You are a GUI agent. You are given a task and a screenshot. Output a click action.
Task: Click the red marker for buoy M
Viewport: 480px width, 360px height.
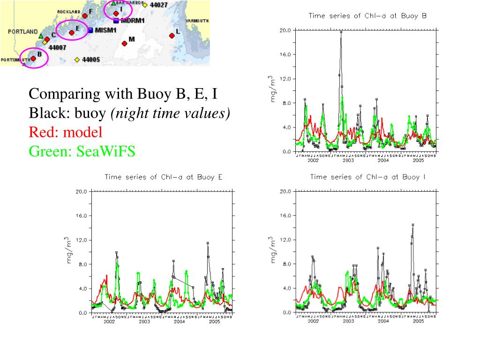[124, 44]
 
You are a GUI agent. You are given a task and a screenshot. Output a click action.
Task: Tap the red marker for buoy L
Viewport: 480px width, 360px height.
[172, 36]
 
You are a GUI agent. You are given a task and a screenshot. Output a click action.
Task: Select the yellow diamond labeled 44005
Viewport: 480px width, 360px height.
[77, 60]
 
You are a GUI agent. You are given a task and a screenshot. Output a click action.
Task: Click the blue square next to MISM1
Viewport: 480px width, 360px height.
[90, 30]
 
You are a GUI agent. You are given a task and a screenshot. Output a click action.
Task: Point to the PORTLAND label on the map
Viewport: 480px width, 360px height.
[22, 31]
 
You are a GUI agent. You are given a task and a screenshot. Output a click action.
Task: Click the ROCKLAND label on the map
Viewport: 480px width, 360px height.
[68, 11]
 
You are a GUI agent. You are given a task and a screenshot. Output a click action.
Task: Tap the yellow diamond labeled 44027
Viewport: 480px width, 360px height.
[145, 5]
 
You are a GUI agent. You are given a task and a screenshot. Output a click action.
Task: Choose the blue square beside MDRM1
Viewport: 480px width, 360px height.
[116, 21]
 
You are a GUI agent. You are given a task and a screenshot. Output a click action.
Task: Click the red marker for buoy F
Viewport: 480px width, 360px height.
[85, 15]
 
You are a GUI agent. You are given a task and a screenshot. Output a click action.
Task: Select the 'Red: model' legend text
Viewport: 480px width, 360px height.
[65, 132]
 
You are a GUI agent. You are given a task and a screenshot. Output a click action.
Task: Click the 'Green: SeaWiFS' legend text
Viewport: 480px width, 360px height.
[82, 151]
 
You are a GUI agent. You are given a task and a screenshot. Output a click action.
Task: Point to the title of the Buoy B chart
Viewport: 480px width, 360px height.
[367, 15]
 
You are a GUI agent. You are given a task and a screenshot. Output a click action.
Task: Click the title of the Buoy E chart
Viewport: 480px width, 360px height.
[163, 177]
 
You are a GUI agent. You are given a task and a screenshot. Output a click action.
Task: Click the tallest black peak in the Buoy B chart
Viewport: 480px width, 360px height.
[341, 32]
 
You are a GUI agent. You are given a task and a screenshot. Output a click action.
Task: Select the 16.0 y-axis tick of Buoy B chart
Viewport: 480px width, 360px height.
[285, 54]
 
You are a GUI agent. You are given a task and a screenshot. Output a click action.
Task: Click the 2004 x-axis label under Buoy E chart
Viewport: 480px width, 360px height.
[179, 322]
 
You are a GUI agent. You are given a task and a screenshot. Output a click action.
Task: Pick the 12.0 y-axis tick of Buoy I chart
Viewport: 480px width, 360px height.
[285, 240]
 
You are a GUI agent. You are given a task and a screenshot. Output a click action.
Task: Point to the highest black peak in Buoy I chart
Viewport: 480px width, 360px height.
[413, 225]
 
